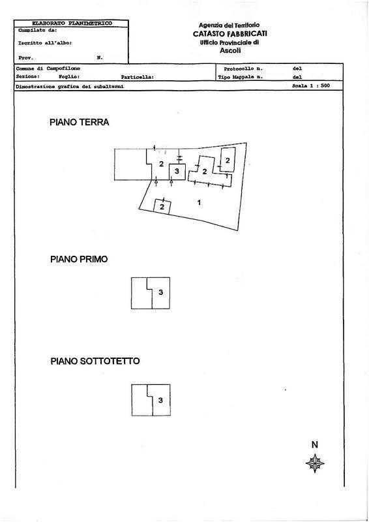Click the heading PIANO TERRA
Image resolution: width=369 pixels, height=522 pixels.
pyautogui.click(x=79, y=122)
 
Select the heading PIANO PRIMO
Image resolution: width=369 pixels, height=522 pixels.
pyautogui.click(x=79, y=259)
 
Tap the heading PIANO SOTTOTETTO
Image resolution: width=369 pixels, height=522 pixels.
pyautogui.click(x=95, y=361)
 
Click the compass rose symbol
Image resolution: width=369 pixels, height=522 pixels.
pyautogui.click(x=315, y=463)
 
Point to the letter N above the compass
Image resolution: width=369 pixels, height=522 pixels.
pyautogui.click(x=315, y=444)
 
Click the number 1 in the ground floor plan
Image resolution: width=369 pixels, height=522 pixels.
pyautogui.click(x=199, y=202)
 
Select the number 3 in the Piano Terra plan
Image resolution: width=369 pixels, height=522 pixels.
pyautogui.click(x=177, y=171)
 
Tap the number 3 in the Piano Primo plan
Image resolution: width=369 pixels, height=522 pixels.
pyautogui.click(x=161, y=292)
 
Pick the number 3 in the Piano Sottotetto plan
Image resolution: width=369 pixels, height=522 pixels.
pyautogui.click(x=160, y=400)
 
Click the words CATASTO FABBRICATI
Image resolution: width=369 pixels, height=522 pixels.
pyautogui.click(x=230, y=34)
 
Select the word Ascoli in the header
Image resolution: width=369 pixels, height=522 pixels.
pyautogui.click(x=230, y=51)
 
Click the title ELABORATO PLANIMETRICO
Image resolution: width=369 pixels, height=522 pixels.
pyautogui.click(x=72, y=23)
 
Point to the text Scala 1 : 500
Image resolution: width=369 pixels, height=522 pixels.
pyautogui.click(x=311, y=85)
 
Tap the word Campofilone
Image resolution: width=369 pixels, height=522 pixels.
pyautogui.click(x=63, y=69)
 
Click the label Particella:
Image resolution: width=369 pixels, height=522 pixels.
pyautogui.click(x=138, y=77)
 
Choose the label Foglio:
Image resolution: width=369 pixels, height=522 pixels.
pyautogui.click(x=69, y=76)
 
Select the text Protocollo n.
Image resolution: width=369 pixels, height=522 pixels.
pyautogui.click(x=243, y=69)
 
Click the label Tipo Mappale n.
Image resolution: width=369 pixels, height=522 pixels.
pyautogui.click(x=241, y=77)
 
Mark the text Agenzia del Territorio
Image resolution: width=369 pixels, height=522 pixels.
pyautogui.click(x=229, y=25)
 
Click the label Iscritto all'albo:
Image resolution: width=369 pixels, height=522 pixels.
pyautogui.click(x=45, y=43)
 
